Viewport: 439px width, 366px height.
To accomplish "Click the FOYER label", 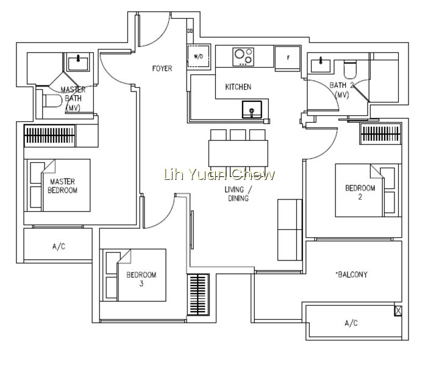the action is coord(162,68).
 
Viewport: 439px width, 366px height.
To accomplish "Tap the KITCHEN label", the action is coord(238,87).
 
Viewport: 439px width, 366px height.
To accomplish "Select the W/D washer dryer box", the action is coord(199,56).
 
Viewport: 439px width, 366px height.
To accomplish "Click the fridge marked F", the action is coord(288,58).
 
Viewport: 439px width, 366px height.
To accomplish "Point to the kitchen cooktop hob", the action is coord(243,57).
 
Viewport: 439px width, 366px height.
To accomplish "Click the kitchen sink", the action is coord(252,109).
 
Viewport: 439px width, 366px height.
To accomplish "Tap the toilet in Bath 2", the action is coord(350,70).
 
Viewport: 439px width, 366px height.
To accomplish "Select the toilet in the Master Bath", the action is coord(52,101).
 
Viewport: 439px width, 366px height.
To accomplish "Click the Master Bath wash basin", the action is coord(78,62).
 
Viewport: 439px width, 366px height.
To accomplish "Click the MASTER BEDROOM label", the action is coord(62,185).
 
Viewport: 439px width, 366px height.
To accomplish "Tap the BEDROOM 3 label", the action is coord(141,279).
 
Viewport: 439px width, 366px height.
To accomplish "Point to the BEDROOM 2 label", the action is coord(360,192).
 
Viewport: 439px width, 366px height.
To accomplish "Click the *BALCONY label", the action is coord(351,274).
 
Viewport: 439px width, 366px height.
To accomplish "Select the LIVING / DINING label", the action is coord(238,193).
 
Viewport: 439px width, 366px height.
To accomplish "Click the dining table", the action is coord(238,153).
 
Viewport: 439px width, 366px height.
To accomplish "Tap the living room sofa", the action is coord(290,230).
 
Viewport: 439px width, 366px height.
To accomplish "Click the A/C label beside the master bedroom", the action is coord(59,246).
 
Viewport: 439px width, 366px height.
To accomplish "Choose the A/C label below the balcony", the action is coord(351,323).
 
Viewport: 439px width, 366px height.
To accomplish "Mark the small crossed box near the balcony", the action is coord(398,311).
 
